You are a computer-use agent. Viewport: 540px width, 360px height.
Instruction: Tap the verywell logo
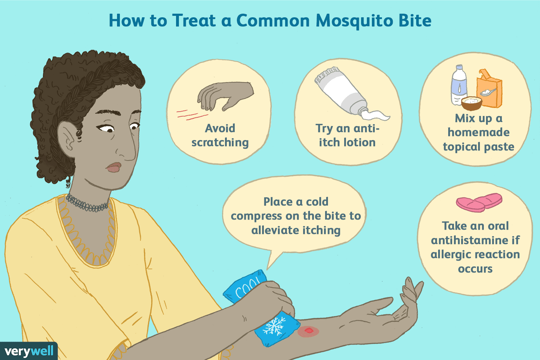pyautogui.click(x=29, y=351)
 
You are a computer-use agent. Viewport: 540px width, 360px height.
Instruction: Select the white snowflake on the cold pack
pyautogui.click(x=274, y=325)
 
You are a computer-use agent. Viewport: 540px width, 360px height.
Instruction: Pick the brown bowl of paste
pyautogui.click(x=472, y=103)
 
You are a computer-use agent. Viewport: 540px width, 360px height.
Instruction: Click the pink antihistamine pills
pyautogui.click(x=479, y=202)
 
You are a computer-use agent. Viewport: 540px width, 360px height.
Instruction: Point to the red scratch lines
pyautogui.click(x=192, y=114)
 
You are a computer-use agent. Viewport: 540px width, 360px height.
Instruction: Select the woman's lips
pyautogui.click(x=113, y=167)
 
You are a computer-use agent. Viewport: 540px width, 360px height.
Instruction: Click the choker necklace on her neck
pyautogui.click(x=87, y=203)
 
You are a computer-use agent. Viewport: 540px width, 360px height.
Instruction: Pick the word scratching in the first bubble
pyautogui.click(x=220, y=143)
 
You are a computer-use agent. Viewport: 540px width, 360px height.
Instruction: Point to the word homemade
pyautogui.click(x=478, y=132)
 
